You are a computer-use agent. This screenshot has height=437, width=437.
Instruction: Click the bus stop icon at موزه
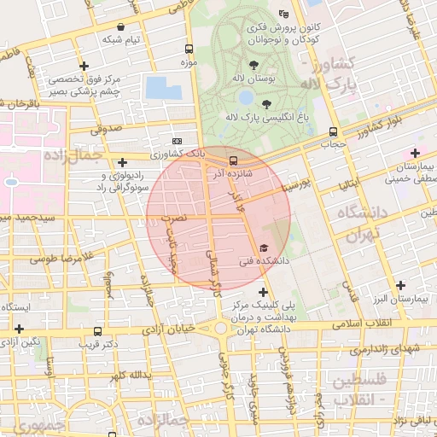188,49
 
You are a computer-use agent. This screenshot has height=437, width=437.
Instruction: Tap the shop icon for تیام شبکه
120,26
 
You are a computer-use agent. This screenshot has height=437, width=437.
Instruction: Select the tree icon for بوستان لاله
253,65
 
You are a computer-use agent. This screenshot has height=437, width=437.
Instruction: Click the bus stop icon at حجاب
332,131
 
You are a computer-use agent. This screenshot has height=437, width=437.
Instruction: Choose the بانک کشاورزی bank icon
178,141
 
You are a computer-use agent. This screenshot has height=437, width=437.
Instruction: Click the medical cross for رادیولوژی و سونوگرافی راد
123,161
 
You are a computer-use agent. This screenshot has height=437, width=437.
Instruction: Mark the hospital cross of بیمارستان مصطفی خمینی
415,152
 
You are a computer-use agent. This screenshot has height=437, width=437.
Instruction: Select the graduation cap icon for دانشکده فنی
262,248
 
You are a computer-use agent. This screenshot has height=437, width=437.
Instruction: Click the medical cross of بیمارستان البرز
400,284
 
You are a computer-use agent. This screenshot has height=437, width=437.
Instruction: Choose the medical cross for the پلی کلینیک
262,292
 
